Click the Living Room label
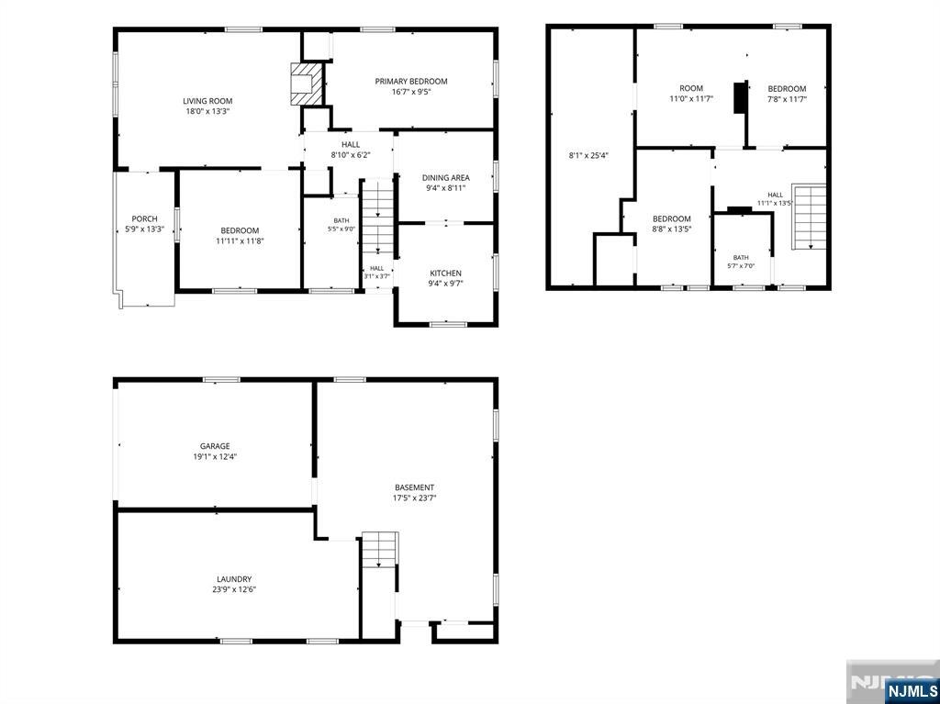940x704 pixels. [x=207, y=101]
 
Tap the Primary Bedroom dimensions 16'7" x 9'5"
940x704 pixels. [x=411, y=92]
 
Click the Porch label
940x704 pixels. [x=144, y=218]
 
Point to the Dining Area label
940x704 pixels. [x=445, y=177]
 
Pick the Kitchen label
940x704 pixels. [x=445, y=274]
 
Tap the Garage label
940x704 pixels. [x=215, y=446]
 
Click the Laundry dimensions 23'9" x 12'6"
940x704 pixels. [x=234, y=589]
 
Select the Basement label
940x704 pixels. [x=414, y=487]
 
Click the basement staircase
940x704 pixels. [x=379, y=549]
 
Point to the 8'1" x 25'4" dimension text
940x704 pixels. [x=588, y=156]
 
